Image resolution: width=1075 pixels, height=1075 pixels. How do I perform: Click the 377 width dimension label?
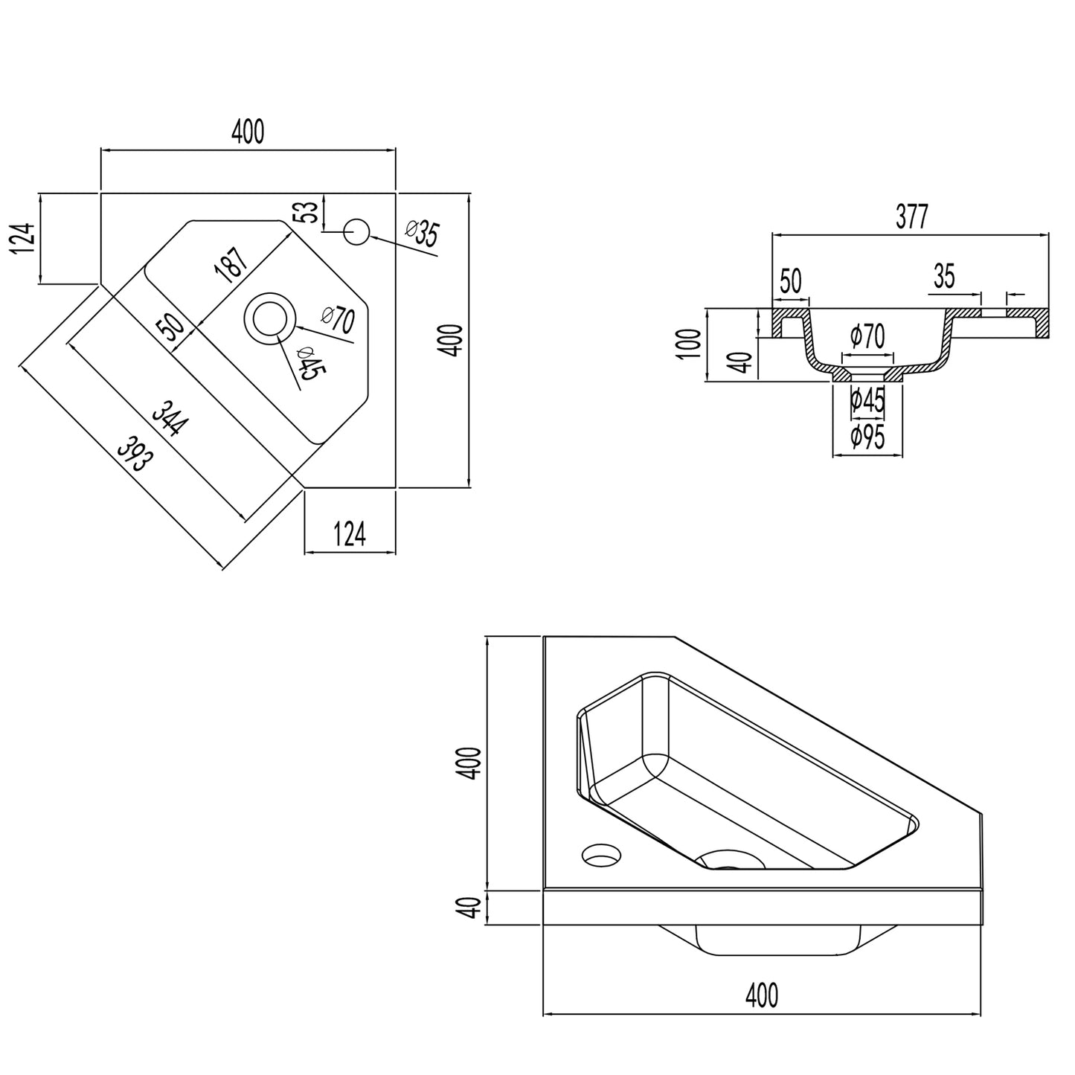[x=912, y=217]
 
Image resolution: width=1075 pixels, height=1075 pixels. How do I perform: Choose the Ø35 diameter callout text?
[x=423, y=234]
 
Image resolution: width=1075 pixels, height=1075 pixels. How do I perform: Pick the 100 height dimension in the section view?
[x=690, y=344]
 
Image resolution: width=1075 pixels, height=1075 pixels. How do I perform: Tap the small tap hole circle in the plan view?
[x=356, y=231]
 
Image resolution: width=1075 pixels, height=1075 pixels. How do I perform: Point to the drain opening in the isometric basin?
[x=729, y=861]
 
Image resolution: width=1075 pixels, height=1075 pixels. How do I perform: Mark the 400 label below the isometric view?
[x=762, y=994]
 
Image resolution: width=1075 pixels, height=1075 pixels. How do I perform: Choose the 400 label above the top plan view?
[x=247, y=132]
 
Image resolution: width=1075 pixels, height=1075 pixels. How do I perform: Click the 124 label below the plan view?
[x=349, y=534]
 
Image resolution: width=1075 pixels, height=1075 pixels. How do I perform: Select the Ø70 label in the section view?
[x=868, y=336]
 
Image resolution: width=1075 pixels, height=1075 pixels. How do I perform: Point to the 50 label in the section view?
[x=791, y=281]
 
